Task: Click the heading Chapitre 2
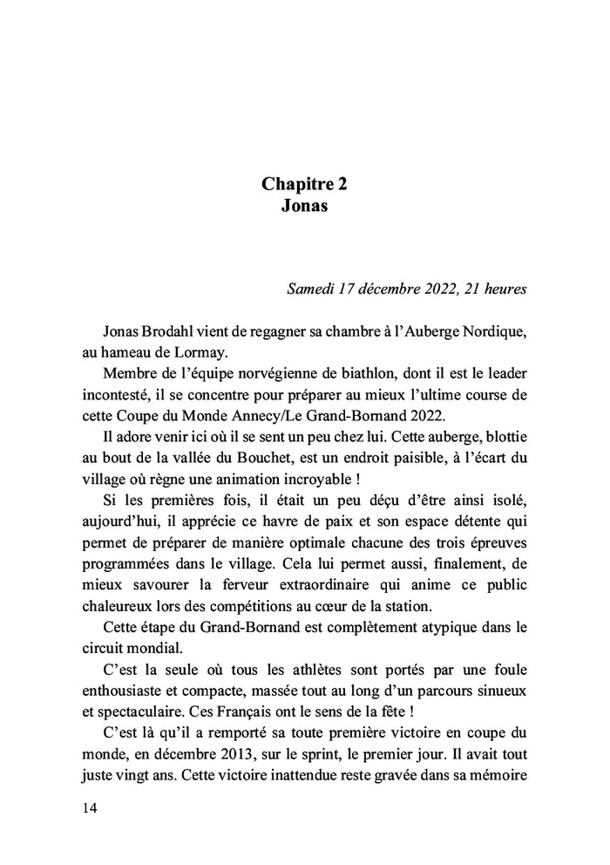[x=305, y=185]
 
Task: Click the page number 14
[x=89, y=808]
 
